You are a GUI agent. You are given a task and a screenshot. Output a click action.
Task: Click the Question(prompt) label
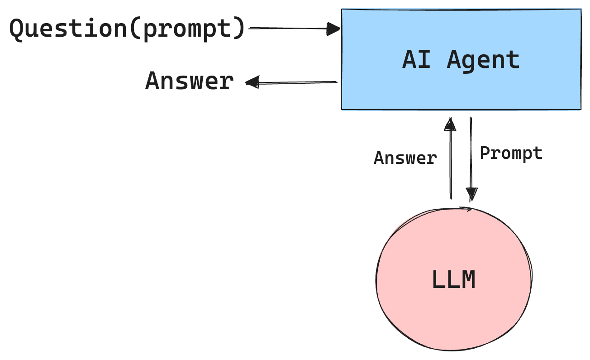127,29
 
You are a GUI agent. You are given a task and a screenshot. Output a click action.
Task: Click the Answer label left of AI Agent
189,82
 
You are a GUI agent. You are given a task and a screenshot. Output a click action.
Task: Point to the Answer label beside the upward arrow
405,158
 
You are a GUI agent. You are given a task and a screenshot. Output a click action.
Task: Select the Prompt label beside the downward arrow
511,154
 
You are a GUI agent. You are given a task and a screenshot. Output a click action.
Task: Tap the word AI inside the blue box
416,60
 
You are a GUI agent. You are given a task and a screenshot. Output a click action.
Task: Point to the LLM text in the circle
454,280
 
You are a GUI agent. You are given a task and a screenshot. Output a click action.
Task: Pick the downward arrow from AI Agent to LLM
471,158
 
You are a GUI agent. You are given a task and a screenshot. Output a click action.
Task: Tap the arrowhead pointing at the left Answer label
252,82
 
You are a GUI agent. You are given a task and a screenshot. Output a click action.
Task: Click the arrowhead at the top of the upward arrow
450,124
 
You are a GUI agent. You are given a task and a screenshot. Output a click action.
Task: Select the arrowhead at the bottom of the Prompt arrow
471,194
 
